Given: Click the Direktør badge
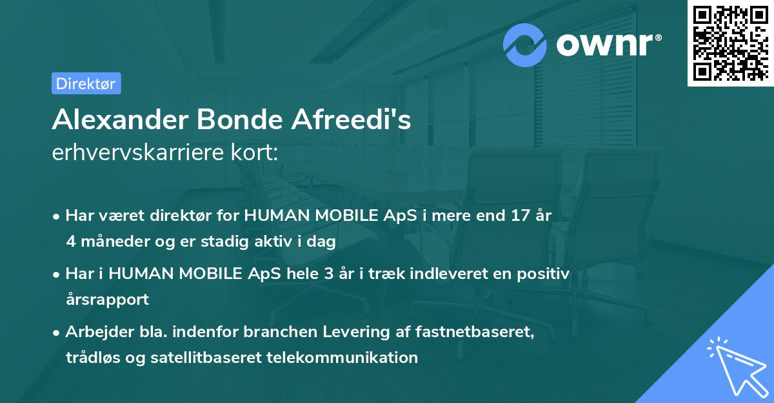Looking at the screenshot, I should [x=86, y=83].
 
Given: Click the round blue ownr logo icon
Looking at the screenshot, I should [x=525, y=45].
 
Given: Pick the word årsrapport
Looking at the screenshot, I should [x=107, y=300].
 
